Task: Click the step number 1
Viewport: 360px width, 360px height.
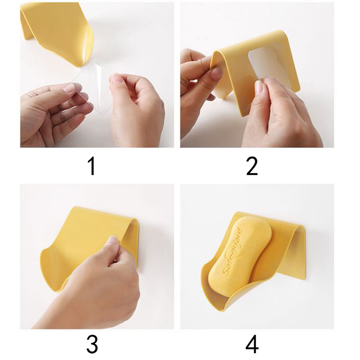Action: coord(92,166)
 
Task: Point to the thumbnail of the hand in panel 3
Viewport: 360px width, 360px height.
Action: coord(112,241)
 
